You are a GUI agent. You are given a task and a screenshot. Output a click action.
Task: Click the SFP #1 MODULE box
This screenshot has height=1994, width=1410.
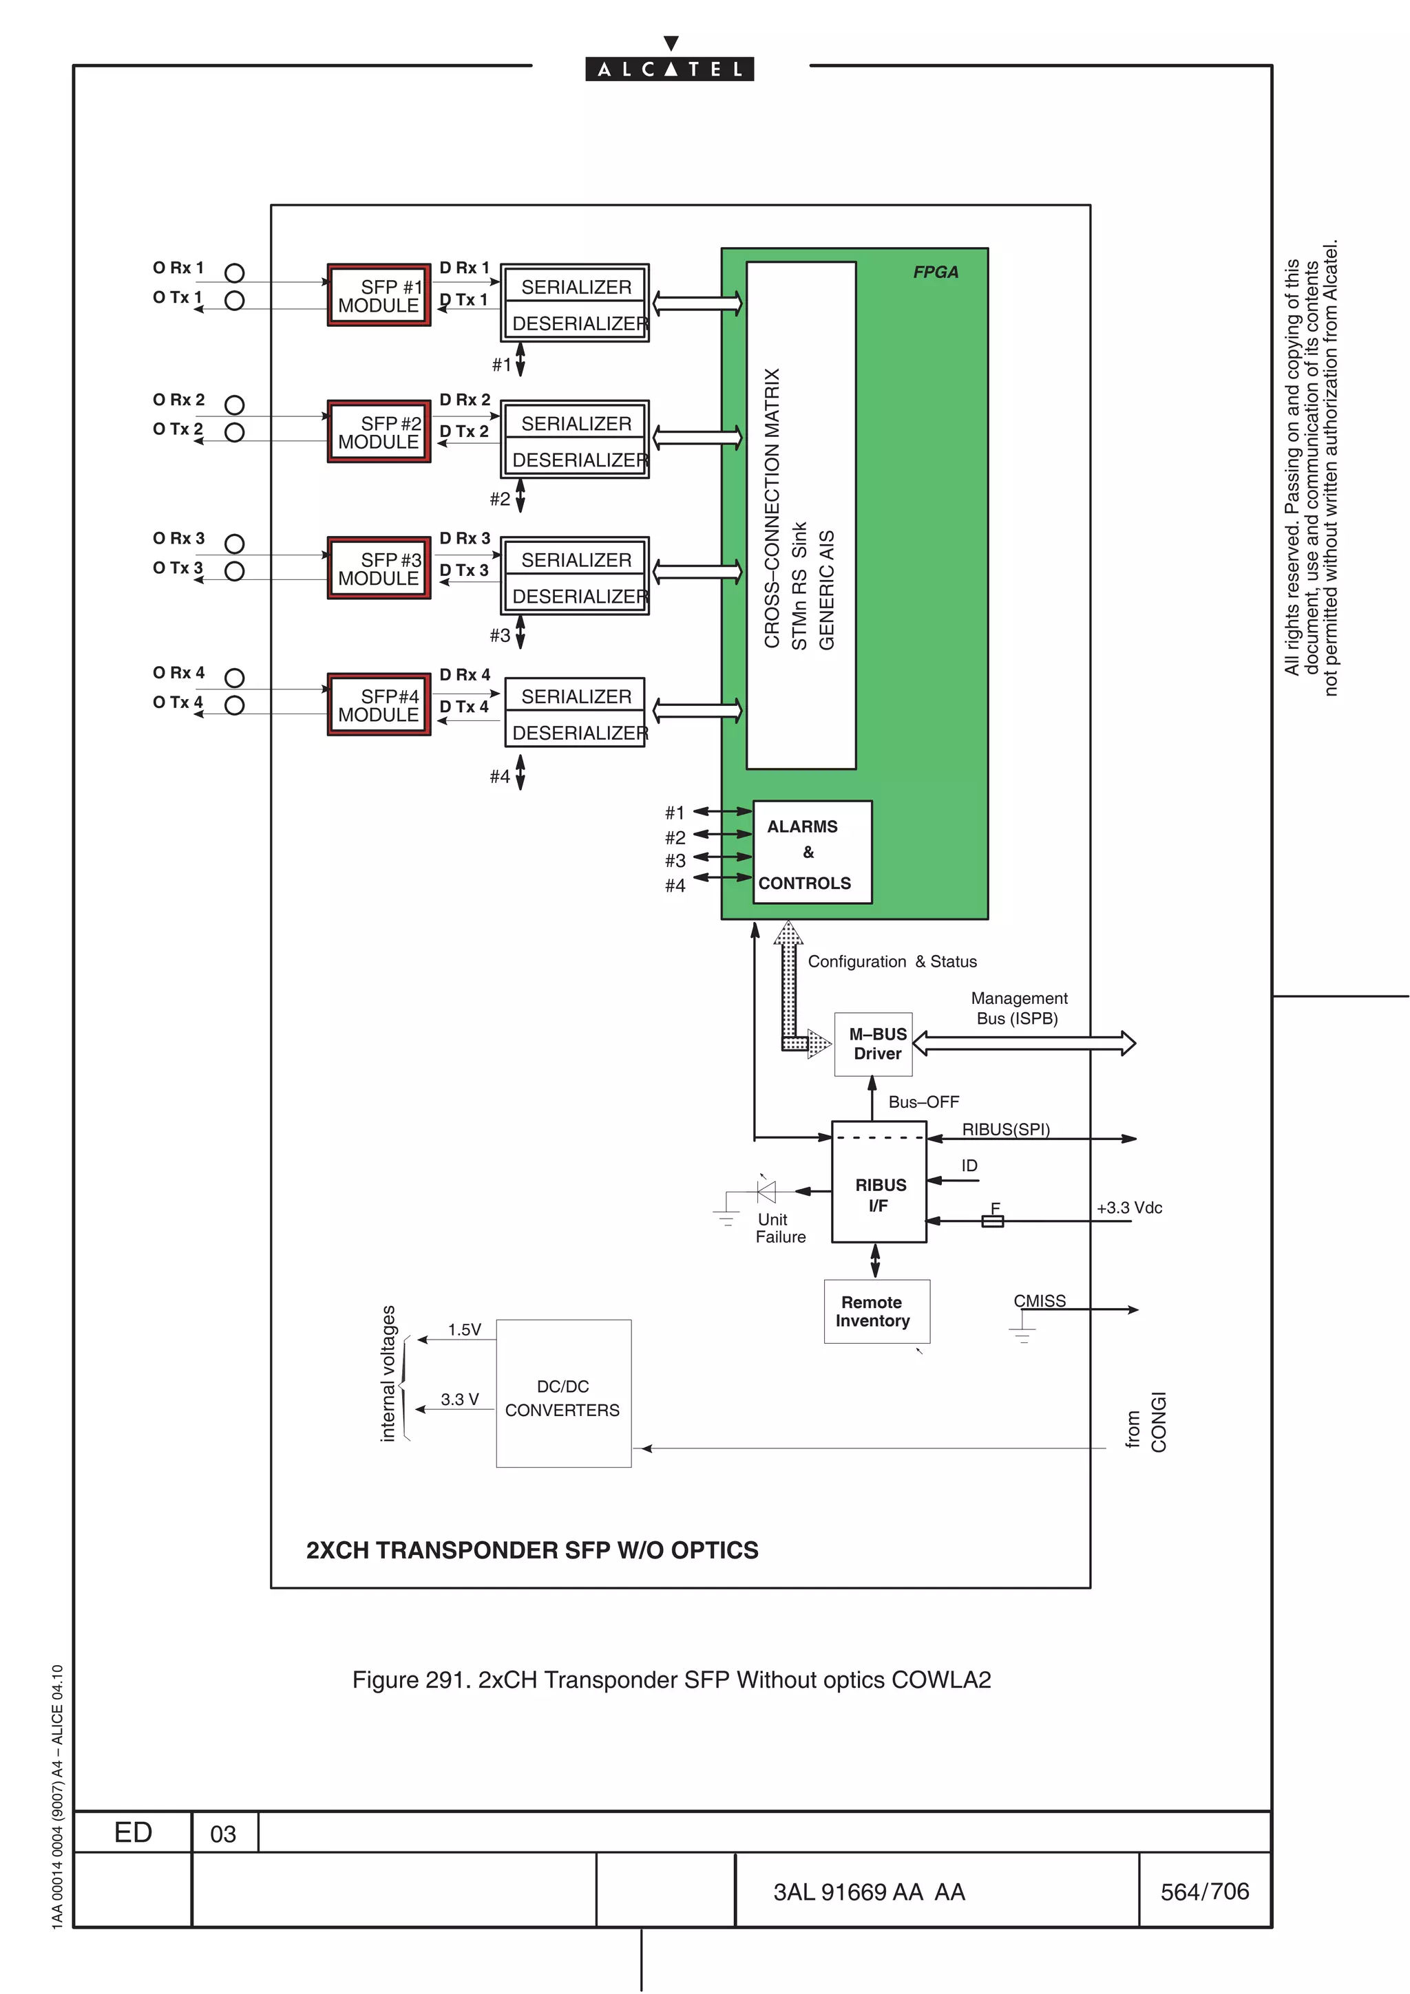point(379,295)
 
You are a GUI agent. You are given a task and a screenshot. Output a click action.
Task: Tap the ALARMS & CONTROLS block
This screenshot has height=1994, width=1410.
point(812,853)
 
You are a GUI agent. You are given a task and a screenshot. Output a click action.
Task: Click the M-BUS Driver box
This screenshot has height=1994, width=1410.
point(873,1044)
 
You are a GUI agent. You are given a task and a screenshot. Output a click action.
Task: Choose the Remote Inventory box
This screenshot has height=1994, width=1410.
point(876,1311)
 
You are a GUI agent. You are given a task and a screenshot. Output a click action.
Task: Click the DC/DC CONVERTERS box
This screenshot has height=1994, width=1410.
point(563,1393)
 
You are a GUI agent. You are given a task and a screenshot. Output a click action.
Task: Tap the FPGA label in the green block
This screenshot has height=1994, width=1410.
point(936,272)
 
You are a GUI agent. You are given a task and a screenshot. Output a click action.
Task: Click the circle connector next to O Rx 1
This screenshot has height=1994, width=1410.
point(235,272)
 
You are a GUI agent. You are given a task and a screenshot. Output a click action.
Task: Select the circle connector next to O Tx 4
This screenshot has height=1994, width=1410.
point(235,705)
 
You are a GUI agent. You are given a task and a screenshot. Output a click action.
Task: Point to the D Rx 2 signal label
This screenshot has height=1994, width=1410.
point(465,400)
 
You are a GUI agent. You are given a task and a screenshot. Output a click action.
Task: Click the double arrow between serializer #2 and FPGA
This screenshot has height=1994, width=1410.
point(697,437)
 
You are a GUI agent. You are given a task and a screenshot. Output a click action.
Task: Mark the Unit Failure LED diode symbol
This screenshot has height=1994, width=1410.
point(766,1190)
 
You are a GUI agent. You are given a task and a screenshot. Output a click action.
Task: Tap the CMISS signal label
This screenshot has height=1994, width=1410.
point(1039,1301)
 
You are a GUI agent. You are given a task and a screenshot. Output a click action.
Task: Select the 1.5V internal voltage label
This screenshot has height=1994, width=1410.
point(464,1329)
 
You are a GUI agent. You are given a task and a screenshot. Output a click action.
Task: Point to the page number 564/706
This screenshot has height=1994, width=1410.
point(1204,1891)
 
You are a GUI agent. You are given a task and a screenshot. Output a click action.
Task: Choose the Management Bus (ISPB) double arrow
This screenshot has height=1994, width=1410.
point(1024,1043)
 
